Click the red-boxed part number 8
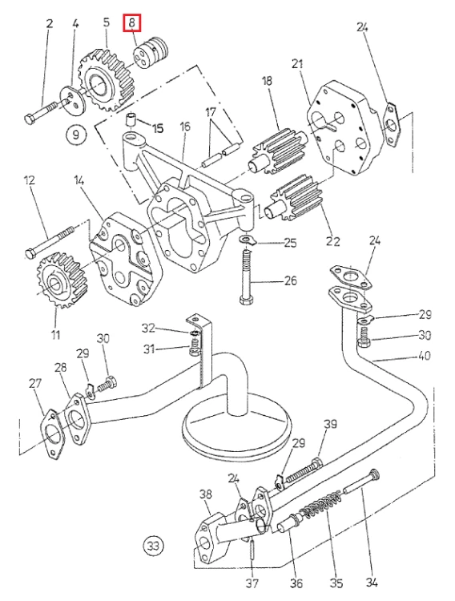(x=132, y=22)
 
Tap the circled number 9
(x=76, y=134)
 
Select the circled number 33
(x=153, y=545)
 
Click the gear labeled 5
(x=106, y=79)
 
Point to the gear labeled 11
(x=61, y=279)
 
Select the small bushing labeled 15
(x=131, y=120)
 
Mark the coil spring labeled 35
(x=321, y=505)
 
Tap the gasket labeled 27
(x=54, y=434)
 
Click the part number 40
(x=424, y=356)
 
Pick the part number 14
(x=79, y=180)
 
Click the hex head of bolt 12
(x=30, y=253)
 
